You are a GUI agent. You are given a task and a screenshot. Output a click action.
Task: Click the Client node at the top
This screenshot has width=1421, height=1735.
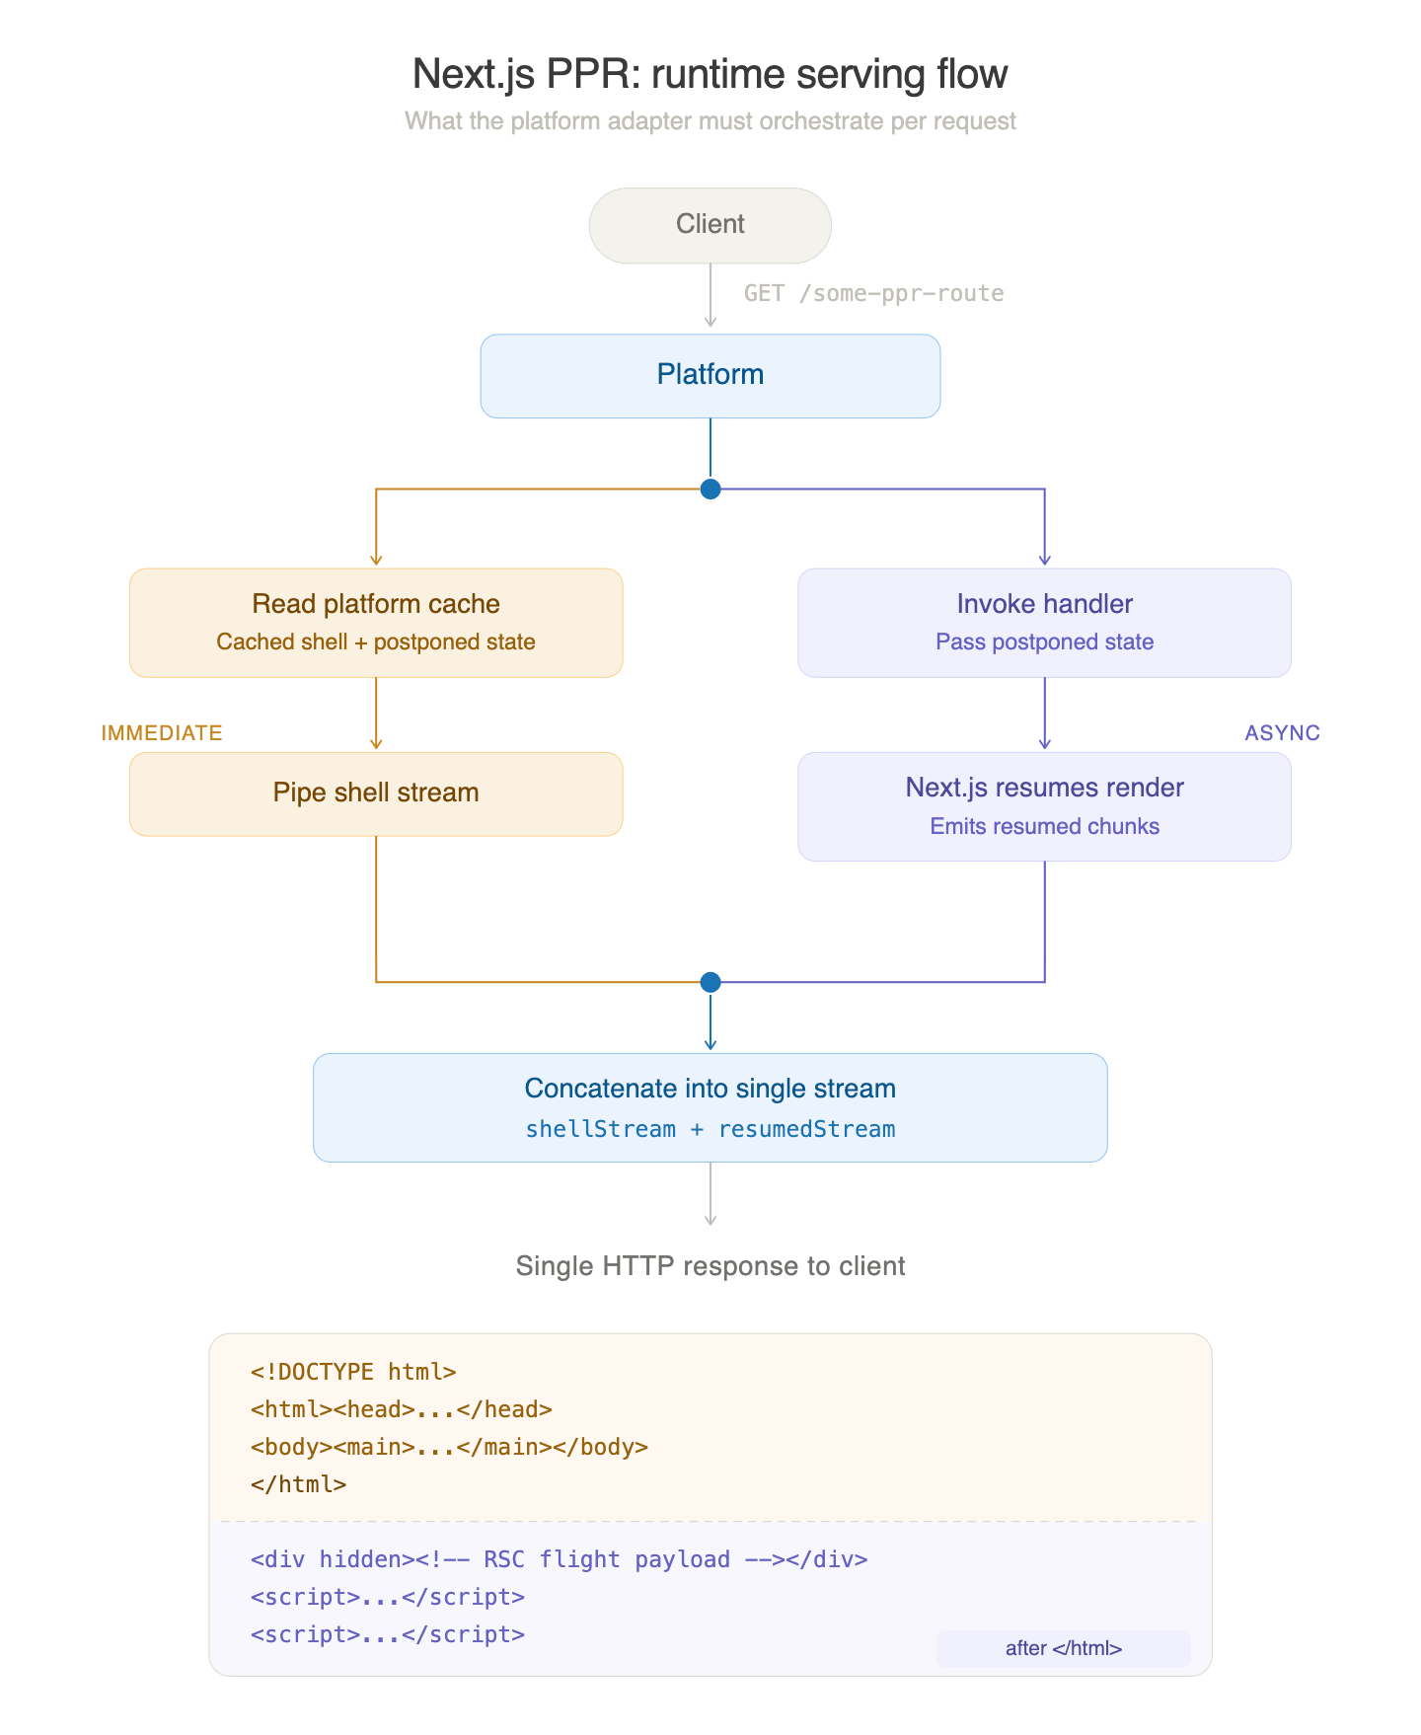tap(710, 225)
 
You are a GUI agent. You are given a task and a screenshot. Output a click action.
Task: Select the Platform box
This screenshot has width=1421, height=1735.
tap(710, 375)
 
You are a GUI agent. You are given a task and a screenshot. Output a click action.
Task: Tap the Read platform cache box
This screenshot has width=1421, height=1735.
tap(376, 622)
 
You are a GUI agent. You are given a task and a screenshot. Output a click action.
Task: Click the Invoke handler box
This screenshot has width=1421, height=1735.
tap(1044, 622)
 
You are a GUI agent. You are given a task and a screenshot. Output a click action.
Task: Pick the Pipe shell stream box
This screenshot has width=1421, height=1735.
tap(376, 793)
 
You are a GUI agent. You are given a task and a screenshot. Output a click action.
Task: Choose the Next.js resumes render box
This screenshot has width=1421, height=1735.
tap(1044, 805)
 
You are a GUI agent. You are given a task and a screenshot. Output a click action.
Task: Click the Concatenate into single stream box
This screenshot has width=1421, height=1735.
tap(710, 1106)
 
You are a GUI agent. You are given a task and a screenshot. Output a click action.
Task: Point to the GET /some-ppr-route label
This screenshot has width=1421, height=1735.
tap(873, 293)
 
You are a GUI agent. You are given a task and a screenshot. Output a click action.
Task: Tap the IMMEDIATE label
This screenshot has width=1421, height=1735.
tap(162, 732)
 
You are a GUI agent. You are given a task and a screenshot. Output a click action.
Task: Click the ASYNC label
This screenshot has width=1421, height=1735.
tap(1282, 732)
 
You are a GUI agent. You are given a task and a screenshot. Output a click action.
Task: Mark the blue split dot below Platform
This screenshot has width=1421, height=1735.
tap(710, 489)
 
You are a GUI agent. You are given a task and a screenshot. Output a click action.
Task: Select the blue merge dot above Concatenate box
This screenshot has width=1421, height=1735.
tap(710, 982)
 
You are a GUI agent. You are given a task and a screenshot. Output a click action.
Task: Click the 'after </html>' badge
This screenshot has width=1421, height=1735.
tap(1063, 1648)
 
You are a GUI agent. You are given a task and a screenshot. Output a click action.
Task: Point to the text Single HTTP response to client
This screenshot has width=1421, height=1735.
tap(710, 1266)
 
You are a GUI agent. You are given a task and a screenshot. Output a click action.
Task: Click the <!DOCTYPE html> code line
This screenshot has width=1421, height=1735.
tap(352, 1372)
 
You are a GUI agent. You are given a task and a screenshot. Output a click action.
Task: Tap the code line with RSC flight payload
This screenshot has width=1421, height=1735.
tap(559, 1559)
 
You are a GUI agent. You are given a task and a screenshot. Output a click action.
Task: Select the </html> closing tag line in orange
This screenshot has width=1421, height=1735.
tap(298, 1484)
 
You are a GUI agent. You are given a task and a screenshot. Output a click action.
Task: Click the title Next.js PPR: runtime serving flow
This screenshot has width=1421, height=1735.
tap(710, 75)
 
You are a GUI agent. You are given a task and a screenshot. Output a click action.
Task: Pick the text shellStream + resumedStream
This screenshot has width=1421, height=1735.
tap(710, 1129)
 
